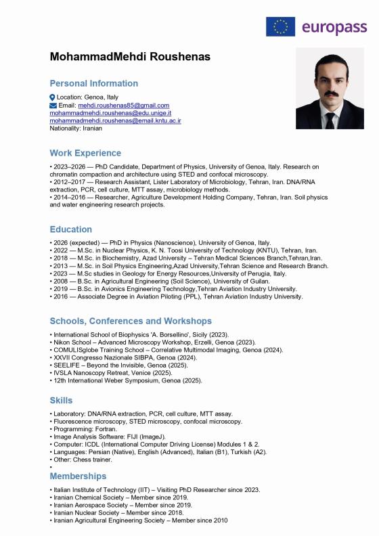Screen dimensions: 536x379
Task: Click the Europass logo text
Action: click(333, 27)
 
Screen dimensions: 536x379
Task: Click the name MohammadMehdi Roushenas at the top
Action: click(130, 57)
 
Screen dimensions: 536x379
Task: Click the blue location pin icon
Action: click(53, 97)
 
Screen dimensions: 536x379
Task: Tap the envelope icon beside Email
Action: click(53, 106)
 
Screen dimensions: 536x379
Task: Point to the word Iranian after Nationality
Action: click(92, 128)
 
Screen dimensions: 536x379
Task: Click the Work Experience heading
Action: click(85, 153)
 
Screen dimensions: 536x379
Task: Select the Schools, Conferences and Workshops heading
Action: click(131, 320)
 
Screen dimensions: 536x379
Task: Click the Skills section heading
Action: click(61, 400)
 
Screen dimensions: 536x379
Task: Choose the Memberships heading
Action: click(78, 476)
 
